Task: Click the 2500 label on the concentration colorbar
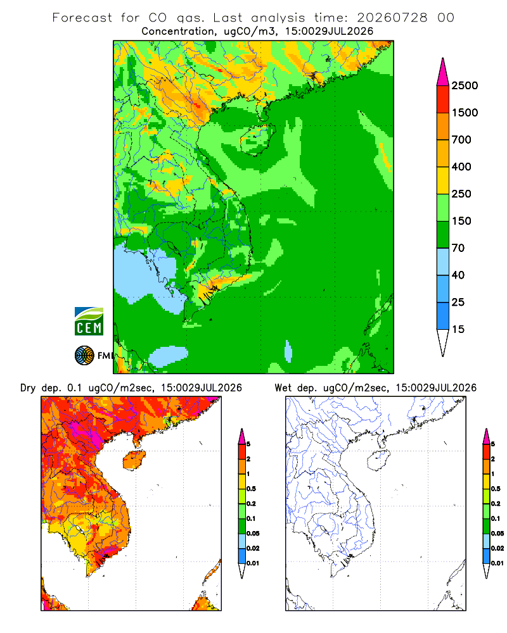(465, 85)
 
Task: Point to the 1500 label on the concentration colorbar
(465, 113)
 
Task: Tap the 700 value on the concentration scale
(461, 140)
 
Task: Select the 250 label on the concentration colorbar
(461, 194)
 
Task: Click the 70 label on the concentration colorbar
(458, 248)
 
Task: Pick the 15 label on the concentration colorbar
(458, 329)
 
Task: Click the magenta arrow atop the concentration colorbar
(443, 72)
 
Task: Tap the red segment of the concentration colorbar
(443, 99)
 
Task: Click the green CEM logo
(89, 322)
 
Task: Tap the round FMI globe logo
(84, 356)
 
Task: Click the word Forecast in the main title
(82, 18)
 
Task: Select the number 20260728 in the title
(392, 18)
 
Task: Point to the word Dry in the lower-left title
(28, 389)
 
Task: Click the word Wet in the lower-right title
(283, 388)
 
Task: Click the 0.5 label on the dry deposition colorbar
(251, 489)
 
